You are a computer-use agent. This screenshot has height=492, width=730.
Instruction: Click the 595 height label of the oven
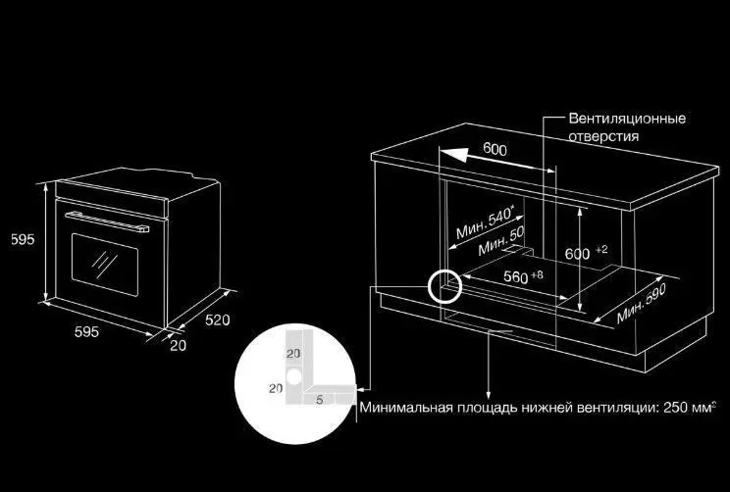[x=23, y=239]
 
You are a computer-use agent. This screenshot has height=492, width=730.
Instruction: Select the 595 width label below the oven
[x=86, y=331]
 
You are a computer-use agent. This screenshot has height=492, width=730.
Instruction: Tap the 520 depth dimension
[x=218, y=320]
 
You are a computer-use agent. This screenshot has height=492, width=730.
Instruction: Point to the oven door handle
[x=107, y=221]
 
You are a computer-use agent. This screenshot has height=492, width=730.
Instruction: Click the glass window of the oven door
[x=105, y=265]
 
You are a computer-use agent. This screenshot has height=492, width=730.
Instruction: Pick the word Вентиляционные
[x=627, y=119]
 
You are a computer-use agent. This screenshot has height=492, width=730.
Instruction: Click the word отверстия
[x=603, y=136]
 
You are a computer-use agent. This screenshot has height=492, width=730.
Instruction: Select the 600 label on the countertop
[x=495, y=149]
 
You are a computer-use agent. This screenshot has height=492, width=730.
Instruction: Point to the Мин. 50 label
[x=501, y=241]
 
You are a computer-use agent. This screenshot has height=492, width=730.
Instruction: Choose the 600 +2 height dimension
[x=586, y=253]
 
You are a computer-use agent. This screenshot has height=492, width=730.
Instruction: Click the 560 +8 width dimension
[x=523, y=276]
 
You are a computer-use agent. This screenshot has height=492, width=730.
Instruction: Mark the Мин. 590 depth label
[x=642, y=303]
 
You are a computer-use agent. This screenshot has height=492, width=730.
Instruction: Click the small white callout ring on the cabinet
[x=444, y=285]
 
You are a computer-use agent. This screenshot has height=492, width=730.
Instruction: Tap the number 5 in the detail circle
[x=320, y=400]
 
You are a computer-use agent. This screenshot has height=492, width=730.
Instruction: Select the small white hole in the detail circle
[x=294, y=375]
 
